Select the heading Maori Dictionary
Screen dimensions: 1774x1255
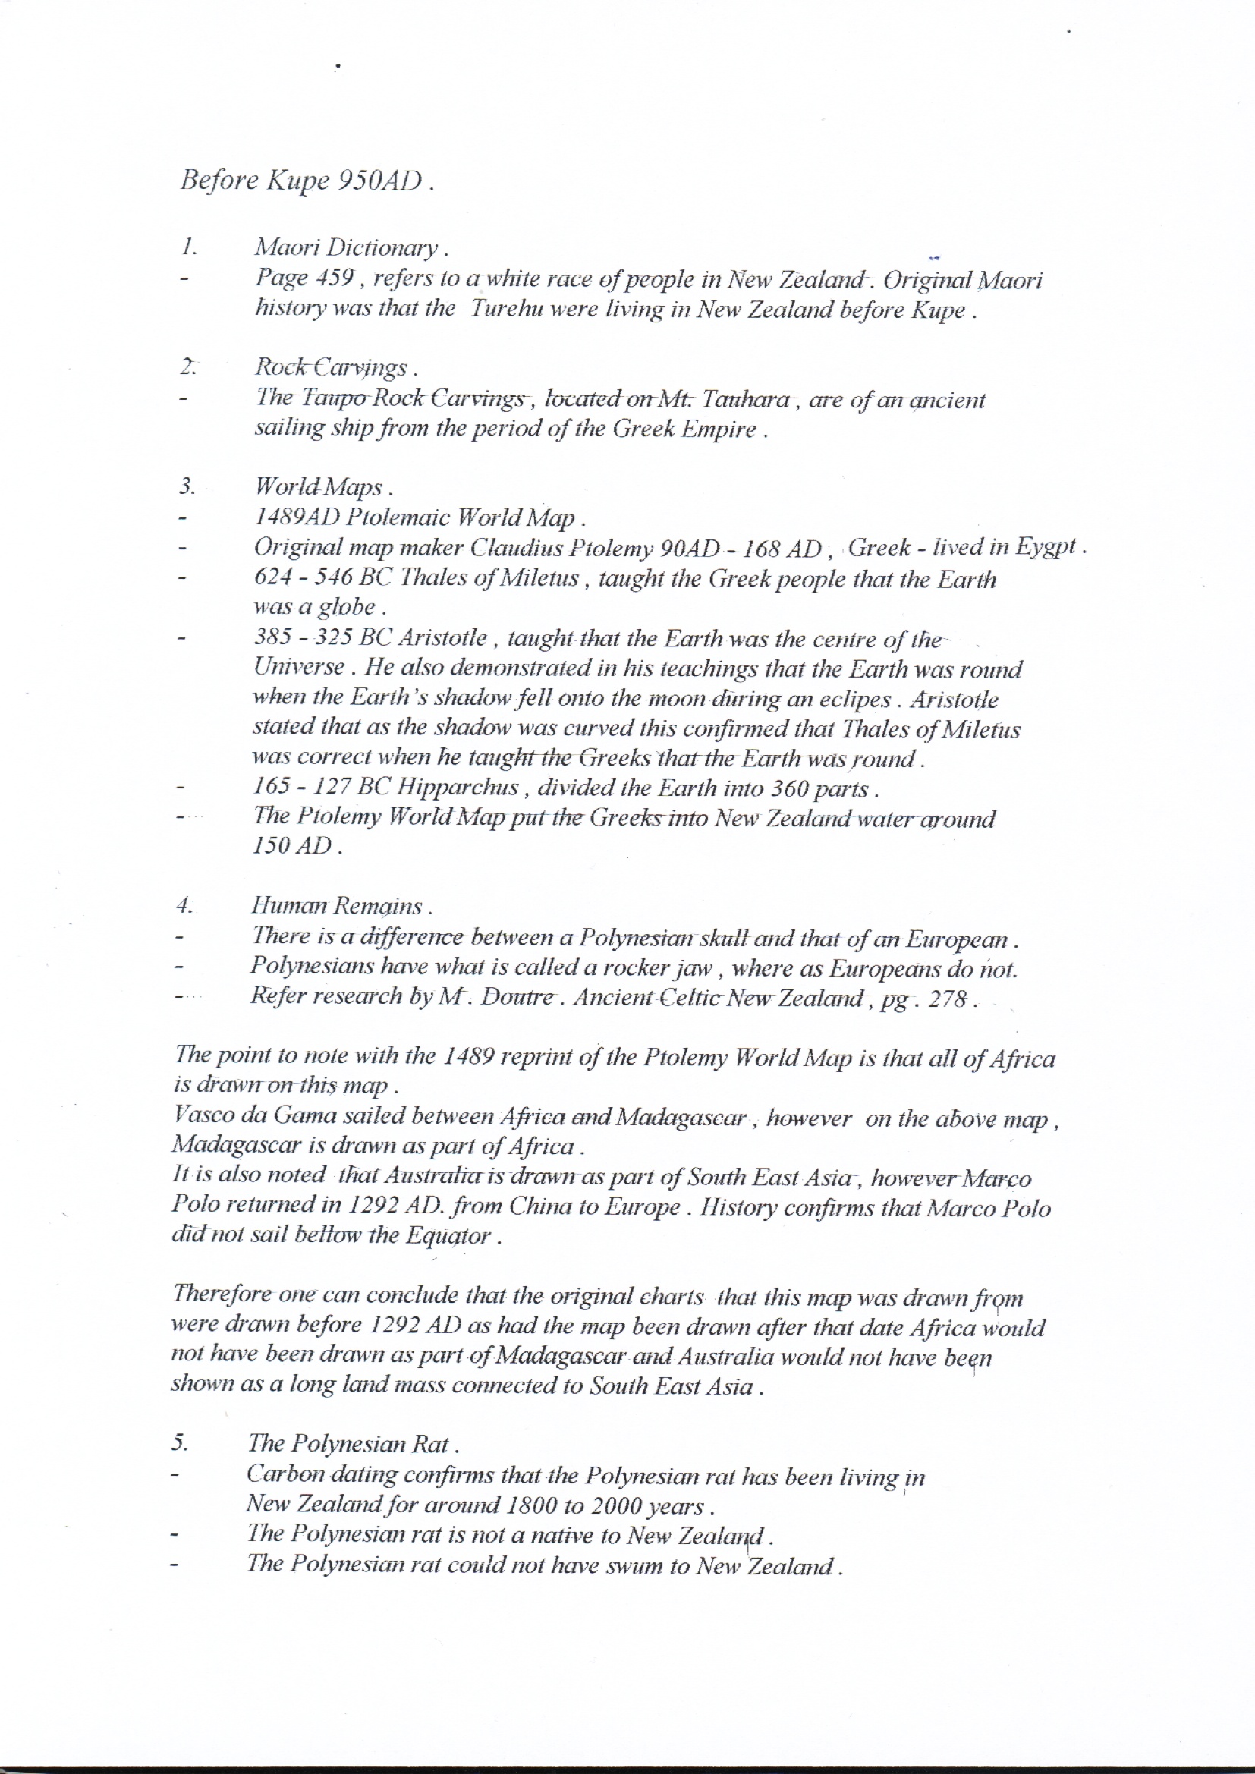tap(346, 247)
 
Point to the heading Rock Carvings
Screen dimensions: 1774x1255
tap(331, 367)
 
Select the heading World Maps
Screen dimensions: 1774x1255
tap(319, 487)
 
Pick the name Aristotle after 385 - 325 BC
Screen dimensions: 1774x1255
tap(443, 638)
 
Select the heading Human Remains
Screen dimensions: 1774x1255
tap(336, 905)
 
